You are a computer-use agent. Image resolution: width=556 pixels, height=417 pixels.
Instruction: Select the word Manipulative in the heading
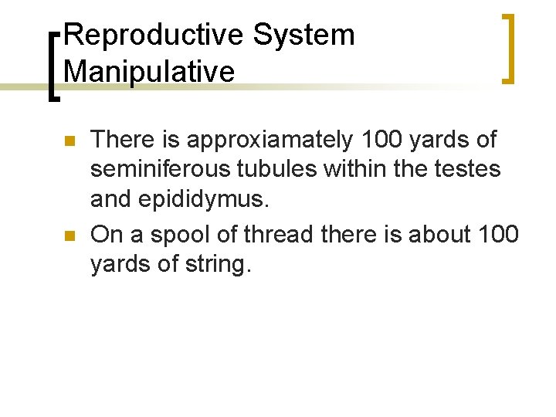coord(149,72)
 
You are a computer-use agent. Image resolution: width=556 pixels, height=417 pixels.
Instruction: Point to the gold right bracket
coord(507,47)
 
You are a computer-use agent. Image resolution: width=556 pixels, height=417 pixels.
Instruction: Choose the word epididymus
coord(204,201)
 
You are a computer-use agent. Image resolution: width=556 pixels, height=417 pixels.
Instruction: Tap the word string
coord(217,263)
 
